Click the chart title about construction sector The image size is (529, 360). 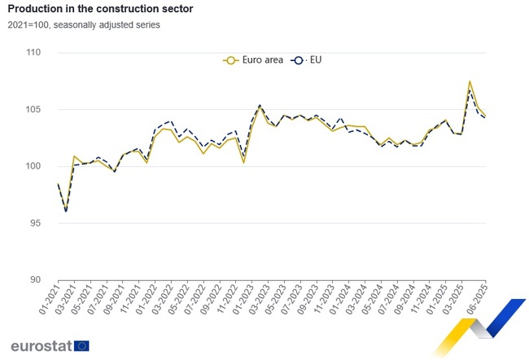coord(100,8)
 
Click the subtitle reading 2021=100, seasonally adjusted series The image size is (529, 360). coord(85,24)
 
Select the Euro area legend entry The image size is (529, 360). coord(253,59)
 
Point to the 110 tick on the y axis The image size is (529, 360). coord(33,53)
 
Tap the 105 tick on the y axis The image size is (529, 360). coord(33,110)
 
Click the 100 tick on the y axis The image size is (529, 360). coord(33,166)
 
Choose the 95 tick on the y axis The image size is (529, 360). coord(35,223)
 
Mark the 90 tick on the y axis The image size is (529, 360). coord(35,279)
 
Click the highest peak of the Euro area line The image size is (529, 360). coord(470,81)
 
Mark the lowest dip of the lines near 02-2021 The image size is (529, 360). coord(66,211)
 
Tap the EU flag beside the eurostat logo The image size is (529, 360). coord(81,345)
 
